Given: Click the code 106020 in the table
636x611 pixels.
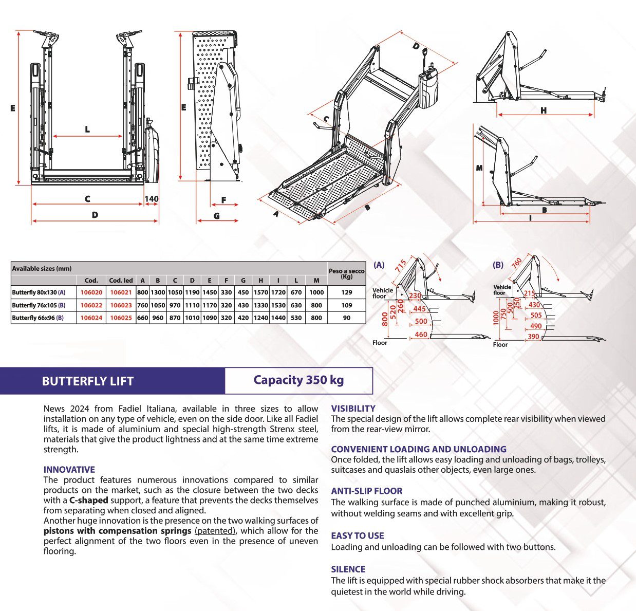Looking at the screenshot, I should coord(91,292).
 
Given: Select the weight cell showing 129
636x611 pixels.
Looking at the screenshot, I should coord(347,292).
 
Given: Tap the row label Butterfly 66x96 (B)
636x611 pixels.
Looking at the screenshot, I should coord(39,318).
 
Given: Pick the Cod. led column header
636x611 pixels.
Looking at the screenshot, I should coord(121,281).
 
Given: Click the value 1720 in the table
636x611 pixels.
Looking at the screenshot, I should coord(278,292).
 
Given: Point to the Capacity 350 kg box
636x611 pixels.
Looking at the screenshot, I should coord(298,381).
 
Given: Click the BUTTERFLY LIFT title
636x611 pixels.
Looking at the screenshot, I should coord(88,381).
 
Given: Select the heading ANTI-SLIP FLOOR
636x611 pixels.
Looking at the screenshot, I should coord(366,491).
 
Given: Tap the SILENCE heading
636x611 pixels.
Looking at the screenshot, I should coord(348,569).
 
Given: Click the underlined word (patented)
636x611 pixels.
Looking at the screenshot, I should coord(215,531).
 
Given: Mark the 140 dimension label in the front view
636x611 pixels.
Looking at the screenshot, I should coord(152,199).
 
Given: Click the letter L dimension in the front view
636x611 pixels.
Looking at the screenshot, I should coord(87,129).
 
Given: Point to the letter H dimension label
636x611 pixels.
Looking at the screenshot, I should coord(544,110).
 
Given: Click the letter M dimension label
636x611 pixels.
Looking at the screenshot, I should coord(479,168).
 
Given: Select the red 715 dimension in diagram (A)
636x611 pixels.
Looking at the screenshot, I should coord(401,266).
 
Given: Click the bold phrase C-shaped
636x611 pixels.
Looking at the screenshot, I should coord(89,500).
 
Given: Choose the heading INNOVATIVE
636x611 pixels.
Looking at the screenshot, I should coord(69,470).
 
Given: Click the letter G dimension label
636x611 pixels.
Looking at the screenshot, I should coord(216,216).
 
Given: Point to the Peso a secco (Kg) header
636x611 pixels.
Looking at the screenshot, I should coord(347,273).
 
